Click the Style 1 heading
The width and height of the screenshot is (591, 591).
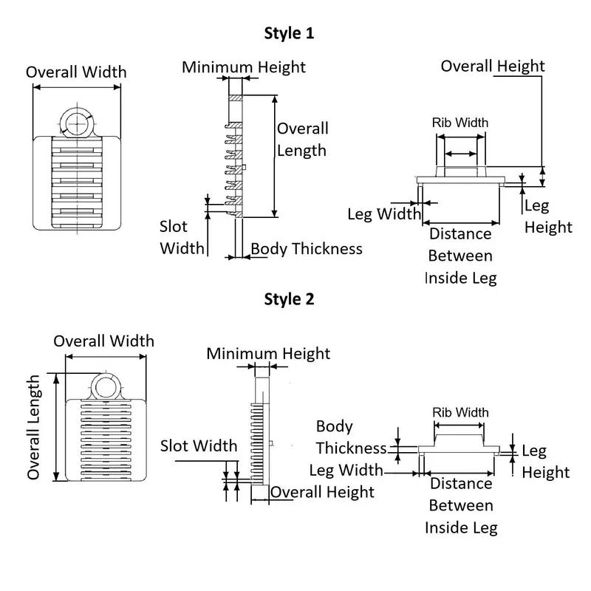(x=290, y=33)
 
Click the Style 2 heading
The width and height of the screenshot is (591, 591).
(x=290, y=299)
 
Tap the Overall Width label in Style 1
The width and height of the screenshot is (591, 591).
(x=76, y=72)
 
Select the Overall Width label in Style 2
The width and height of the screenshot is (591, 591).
(x=104, y=341)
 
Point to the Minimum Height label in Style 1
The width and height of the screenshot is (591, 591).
(x=244, y=67)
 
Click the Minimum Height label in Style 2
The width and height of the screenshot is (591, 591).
(x=268, y=353)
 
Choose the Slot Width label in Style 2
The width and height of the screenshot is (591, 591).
(x=199, y=445)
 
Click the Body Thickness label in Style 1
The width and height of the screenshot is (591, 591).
(x=307, y=248)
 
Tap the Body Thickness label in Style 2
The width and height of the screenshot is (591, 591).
(x=351, y=437)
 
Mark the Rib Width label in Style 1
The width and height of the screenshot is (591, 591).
(x=460, y=122)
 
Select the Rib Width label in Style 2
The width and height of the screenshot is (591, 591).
(x=460, y=411)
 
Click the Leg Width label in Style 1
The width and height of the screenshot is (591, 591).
(x=384, y=214)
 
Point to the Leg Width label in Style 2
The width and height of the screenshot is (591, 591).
(x=346, y=470)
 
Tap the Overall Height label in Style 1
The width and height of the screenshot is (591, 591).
(x=493, y=66)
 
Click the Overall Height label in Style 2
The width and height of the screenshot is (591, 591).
(x=322, y=491)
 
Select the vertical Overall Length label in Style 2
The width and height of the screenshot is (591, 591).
(x=34, y=427)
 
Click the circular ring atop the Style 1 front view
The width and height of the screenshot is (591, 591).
(x=76, y=122)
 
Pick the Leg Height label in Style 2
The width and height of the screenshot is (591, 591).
(x=546, y=461)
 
